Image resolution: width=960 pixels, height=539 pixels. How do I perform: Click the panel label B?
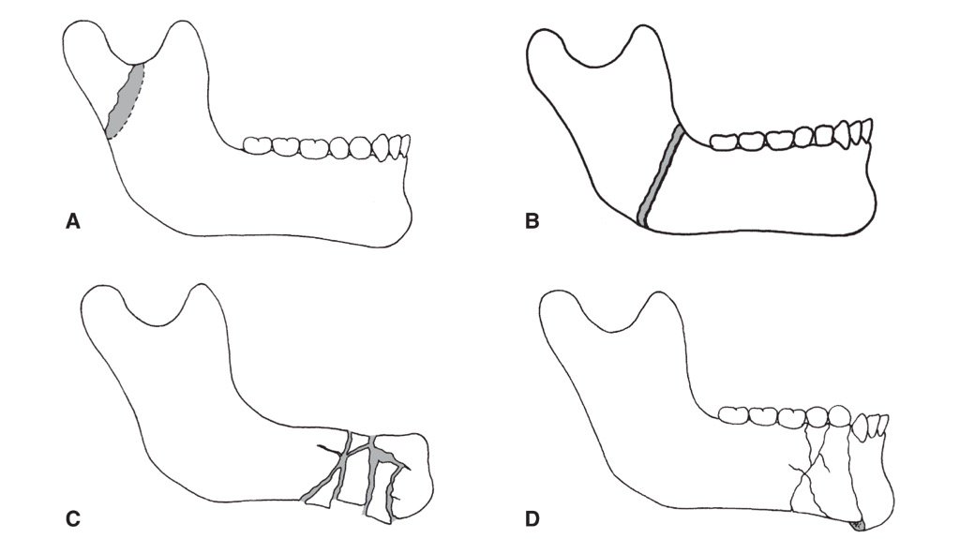coord(532,222)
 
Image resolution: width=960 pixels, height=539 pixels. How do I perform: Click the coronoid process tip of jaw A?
coord(183,33)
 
